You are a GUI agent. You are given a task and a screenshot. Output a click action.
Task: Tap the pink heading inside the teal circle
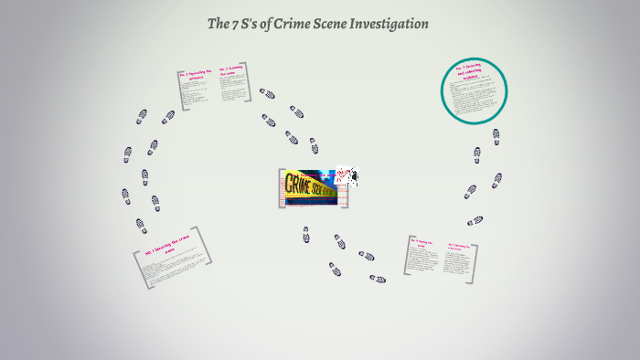click(474, 74)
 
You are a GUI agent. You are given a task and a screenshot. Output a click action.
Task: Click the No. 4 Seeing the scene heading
click(424, 245)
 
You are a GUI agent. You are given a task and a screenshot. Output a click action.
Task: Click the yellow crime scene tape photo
click(307, 187)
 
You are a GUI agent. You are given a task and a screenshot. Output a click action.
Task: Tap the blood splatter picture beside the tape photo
click(347, 175)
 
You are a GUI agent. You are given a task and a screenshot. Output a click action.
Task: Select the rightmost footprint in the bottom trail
click(377, 279)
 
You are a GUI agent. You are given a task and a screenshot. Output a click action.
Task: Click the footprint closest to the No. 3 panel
click(267, 93)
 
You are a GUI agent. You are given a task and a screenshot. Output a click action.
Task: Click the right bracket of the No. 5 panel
click(473, 258)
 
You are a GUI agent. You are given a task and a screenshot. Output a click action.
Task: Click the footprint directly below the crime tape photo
click(306, 235)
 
